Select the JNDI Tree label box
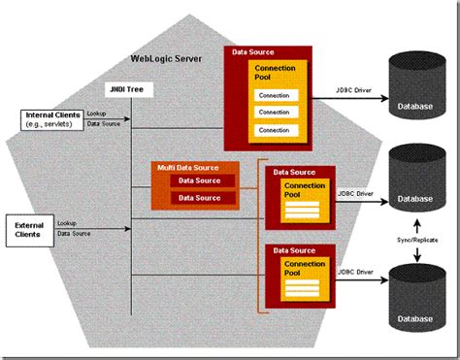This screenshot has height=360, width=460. (130, 90)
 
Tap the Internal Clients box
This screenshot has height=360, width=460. (52, 119)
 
